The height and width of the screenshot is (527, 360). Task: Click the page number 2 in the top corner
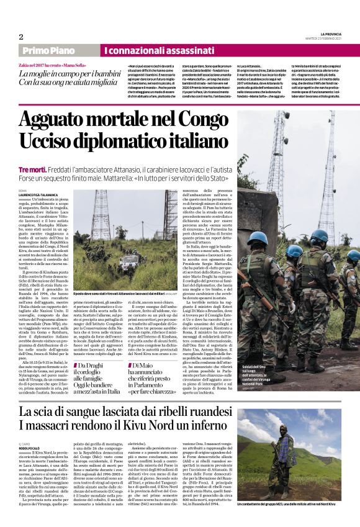[x=21, y=37]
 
